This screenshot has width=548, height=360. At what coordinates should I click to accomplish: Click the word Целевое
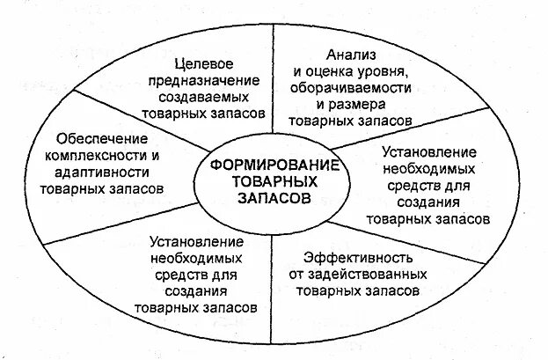tap(202, 64)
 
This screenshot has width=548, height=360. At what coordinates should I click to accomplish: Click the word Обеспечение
tap(94, 139)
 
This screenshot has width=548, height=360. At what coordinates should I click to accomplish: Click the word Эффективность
tap(356, 257)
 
